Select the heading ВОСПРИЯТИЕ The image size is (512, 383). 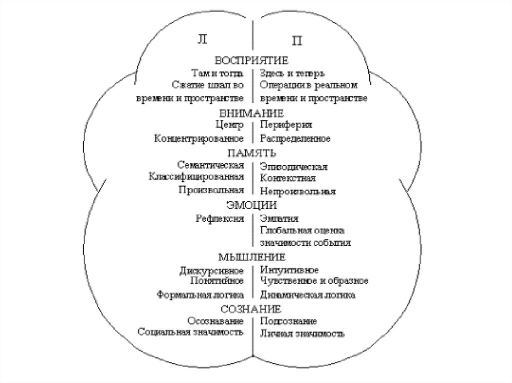252,60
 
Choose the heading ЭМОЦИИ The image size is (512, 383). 252,205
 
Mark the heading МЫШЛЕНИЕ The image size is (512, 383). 252,258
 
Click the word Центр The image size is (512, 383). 230,125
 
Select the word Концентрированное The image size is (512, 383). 199,138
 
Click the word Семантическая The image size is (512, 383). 210,165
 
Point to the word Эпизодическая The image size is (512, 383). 293,166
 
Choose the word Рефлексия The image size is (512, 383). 220,218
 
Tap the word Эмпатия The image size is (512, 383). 279,219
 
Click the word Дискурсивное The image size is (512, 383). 211,271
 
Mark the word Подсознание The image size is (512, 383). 288,321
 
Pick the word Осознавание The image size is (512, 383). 215,321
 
